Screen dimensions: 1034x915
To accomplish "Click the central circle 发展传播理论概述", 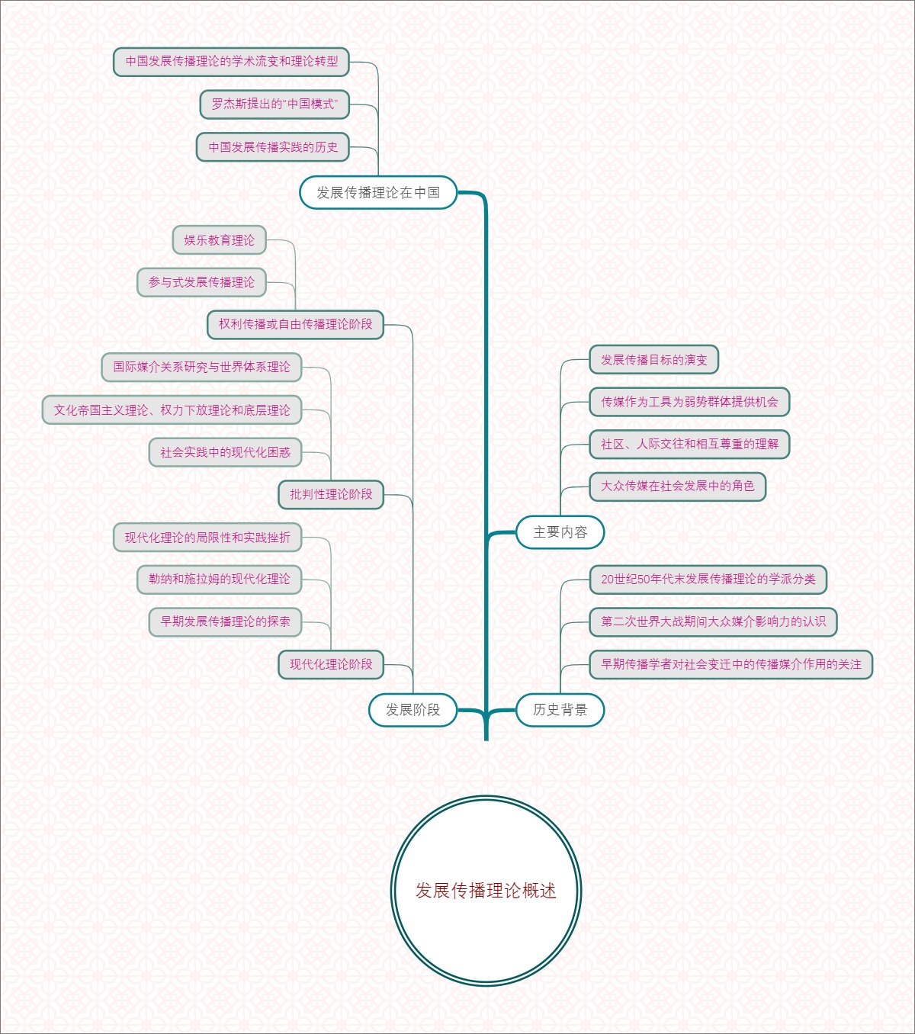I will (486, 891).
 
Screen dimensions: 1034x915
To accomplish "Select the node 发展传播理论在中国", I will (378, 193).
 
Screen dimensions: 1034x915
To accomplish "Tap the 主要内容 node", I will (560, 532).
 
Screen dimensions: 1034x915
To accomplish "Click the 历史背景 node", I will (560, 710).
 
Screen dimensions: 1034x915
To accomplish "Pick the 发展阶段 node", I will (413, 710).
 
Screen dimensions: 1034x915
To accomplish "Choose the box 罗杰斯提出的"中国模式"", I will (274, 104).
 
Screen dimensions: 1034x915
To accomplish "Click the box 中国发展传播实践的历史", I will (273, 147).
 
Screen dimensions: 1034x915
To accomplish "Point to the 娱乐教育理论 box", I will (220, 240).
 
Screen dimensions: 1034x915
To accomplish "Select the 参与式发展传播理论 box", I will (202, 282).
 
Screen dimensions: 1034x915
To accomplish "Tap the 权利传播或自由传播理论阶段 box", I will (296, 324).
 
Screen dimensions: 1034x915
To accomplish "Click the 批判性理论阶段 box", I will (331, 494).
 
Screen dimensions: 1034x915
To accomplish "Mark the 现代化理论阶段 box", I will (331, 664).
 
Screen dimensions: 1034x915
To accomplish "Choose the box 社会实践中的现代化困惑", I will (226, 452).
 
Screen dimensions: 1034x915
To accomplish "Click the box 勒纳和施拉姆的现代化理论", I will (220, 579).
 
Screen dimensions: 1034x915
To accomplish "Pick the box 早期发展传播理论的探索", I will (226, 621).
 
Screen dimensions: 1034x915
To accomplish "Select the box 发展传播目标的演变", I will (654, 360).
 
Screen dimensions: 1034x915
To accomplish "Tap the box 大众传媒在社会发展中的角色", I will (678, 486).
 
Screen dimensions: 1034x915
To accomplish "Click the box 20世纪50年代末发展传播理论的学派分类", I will (708, 579).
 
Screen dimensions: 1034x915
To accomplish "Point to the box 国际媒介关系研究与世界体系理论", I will (202, 367).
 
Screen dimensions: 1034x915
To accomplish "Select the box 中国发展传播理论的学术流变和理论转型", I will (232, 62).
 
